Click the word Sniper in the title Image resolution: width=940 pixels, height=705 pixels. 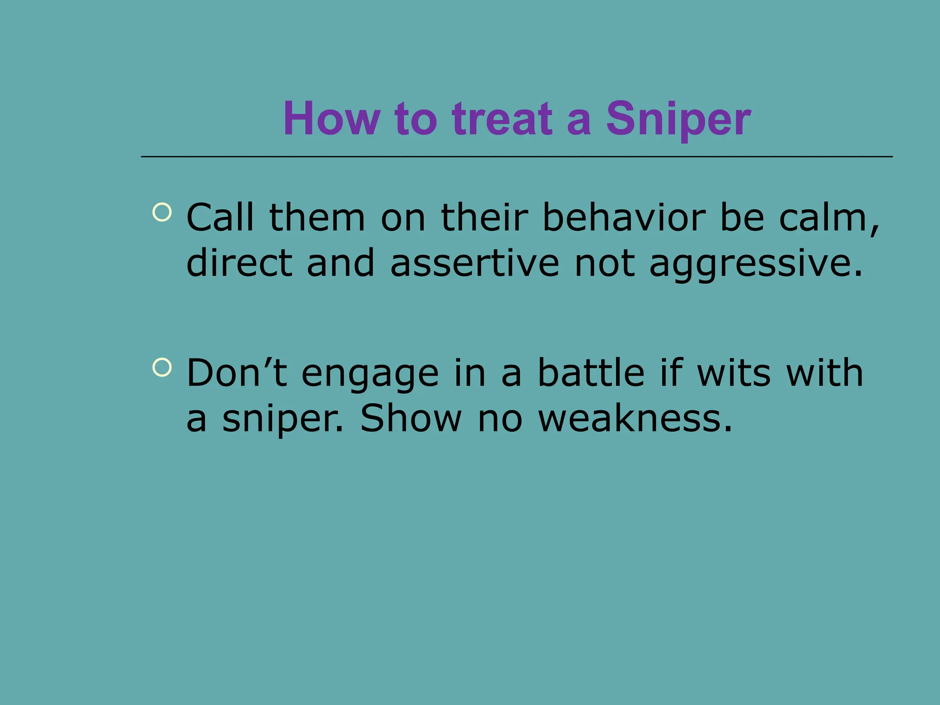tap(678, 119)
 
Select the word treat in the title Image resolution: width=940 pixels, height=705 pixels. tap(502, 119)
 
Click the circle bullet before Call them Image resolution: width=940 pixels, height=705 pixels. tap(162, 213)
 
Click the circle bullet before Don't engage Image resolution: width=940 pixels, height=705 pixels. tap(162, 367)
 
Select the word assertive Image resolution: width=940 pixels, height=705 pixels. tap(475, 263)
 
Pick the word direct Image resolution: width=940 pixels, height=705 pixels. tap(239, 263)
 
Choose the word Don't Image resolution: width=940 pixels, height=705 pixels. tap(237, 373)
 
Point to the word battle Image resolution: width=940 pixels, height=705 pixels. tap(591, 373)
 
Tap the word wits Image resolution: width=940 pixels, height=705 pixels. tap(733, 373)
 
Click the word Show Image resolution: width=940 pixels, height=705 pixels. tap(410, 419)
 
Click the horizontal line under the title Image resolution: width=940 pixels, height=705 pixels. tap(517, 157)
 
